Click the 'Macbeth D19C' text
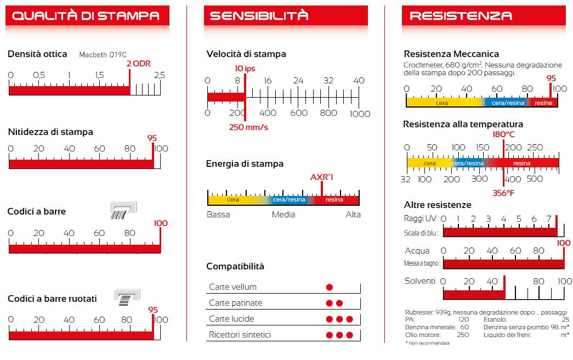[x=103, y=55]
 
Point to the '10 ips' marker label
[x=245, y=68]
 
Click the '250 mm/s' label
[x=248, y=127]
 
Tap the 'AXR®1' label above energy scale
[x=322, y=177]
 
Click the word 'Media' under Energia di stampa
[x=283, y=215]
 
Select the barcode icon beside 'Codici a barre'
[x=123, y=211]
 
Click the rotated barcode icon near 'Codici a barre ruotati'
[x=127, y=298]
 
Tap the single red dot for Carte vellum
[x=330, y=287]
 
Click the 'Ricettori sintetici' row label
[x=240, y=335]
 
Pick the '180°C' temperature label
[x=503, y=134]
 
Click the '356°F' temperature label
[x=503, y=193]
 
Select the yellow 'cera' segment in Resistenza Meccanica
[x=442, y=103]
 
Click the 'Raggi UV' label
[x=421, y=218]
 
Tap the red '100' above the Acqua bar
[x=564, y=243]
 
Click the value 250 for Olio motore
[x=463, y=335]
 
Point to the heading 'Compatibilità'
[x=235, y=266]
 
